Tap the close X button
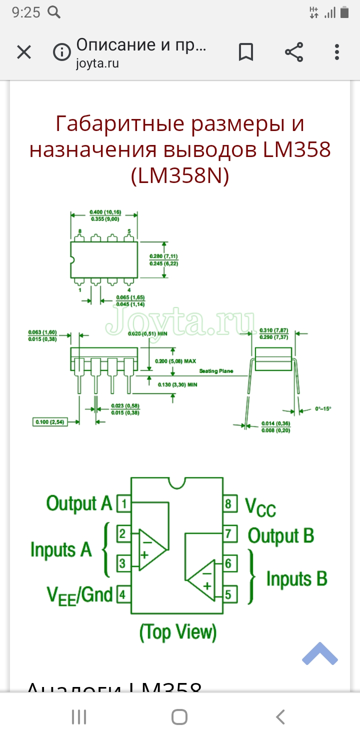click(x=24, y=52)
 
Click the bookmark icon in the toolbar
click(x=245, y=52)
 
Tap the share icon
click(x=294, y=52)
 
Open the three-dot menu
click(x=337, y=52)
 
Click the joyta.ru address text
click(x=97, y=64)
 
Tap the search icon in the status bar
click(x=54, y=12)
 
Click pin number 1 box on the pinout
click(x=123, y=503)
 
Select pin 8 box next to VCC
click(x=229, y=503)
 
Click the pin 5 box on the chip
click(x=229, y=594)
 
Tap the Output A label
click(x=79, y=503)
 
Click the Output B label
click(x=281, y=535)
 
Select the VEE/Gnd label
click(x=79, y=595)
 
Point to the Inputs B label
click(x=296, y=579)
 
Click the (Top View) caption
click(x=178, y=632)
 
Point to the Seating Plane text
click(x=216, y=371)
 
